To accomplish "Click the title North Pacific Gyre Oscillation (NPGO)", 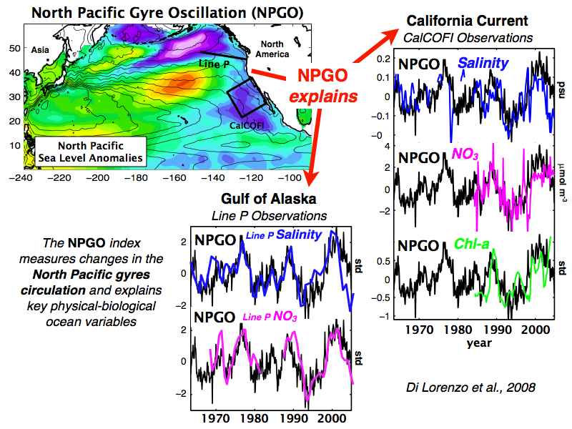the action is pyautogui.click(x=167, y=13).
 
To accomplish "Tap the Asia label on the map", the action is pyautogui.click(x=40, y=50).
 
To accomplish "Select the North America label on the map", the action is pyautogui.click(x=272, y=49).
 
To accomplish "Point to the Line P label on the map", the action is pyautogui.click(x=214, y=64).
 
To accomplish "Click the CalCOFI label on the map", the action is pyautogui.click(x=247, y=126).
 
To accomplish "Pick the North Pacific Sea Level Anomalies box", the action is pyautogui.click(x=91, y=152).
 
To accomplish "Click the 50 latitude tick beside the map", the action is pyautogui.click(x=14, y=48).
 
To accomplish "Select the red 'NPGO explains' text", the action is pyautogui.click(x=323, y=86).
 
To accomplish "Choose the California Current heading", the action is pyautogui.click(x=468, y=21).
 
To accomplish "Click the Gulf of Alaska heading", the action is pyautogui.click(x=269, y=199).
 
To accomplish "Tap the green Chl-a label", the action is pyautogui.click(x=472, y=244).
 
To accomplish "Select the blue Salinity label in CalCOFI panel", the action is pyautogui.click(x=483, y=64).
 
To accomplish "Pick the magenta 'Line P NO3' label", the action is pyautogui.click(x=270, y=316).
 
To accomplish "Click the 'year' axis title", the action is pyautogui.click(x=479, y=343).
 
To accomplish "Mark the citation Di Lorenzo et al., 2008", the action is pyautogui.click(x=470, y=387).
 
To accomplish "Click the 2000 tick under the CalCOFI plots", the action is pyautogui.click(x=535, y=330).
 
